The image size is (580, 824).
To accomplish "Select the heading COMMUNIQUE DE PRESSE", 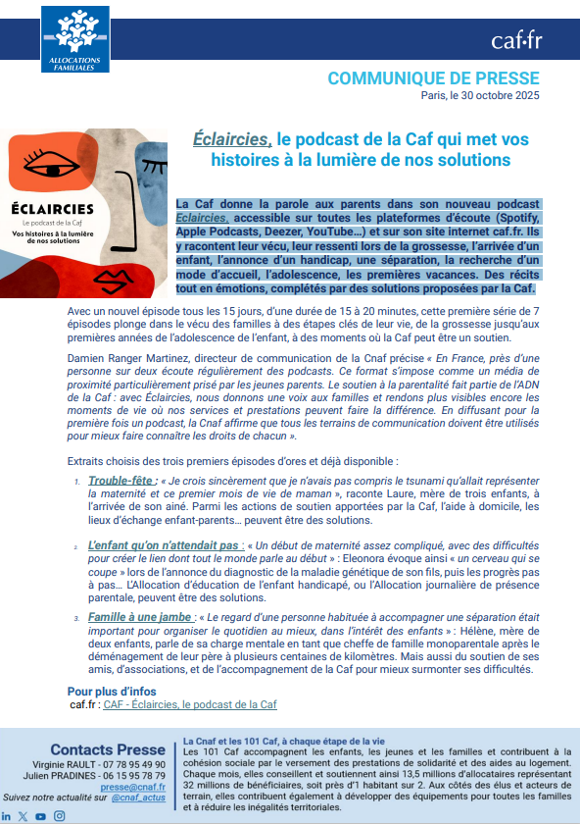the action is coord(433,77).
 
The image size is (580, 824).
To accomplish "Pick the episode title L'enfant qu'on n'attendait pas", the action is coord(163,544).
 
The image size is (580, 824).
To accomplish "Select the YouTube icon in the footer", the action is coord(40,816).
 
